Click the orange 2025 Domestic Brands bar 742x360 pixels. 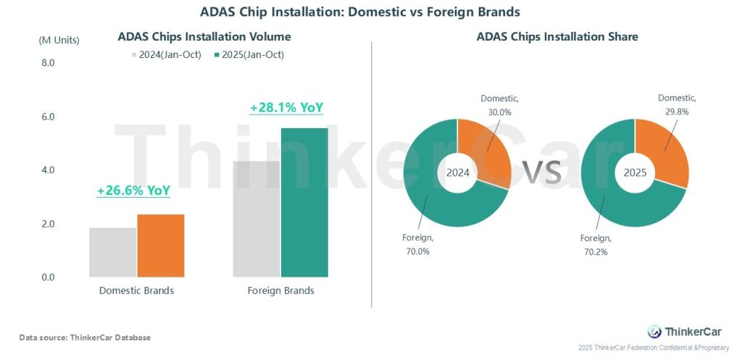point(161,246)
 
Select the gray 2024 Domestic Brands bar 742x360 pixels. point(113,252)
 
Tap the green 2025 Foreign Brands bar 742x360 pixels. point(304,202)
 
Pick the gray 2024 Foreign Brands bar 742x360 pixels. point(257,219)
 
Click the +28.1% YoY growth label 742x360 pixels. point(286,108)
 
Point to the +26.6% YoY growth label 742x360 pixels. point(133,191)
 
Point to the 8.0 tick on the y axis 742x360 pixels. point(48,63)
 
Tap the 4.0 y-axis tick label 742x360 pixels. point(48,170)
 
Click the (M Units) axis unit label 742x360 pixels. point(59,40)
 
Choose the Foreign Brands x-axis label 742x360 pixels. point(280,290)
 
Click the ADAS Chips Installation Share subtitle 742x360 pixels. point(556,36)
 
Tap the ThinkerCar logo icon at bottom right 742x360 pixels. point(654,332)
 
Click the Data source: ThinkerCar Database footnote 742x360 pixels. point(85,338)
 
